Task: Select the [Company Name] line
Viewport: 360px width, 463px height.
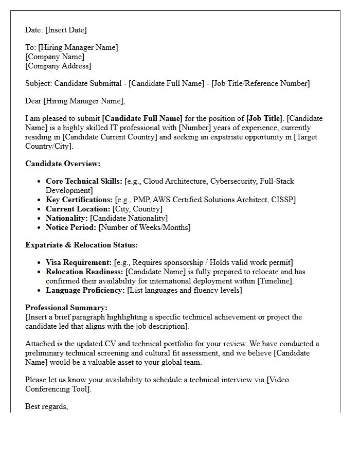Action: pyautogui.click(x=55, y=57)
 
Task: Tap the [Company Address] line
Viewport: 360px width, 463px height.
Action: pyautogui.click(x=58, y=66)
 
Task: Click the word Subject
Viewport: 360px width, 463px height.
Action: pyautogui.click(x=38, y=83)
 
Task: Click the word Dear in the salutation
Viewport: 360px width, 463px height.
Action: pyautogui.click(x=33, y=101)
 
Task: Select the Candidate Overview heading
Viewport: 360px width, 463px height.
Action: pyautogui.click(x=63, y=164)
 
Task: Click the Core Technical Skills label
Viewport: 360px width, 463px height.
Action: pyautogui.click(x=84, y=181)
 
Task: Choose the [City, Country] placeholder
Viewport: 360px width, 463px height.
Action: pyautogui.click(x=137, y=209)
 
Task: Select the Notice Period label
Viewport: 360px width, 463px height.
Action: pyautogui.click(x=71, y=227)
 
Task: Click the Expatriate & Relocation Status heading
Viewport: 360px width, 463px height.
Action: pyautogui.click(x=81, y=245)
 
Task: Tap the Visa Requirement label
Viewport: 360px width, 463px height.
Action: pyautogui.click(x=79, y=262)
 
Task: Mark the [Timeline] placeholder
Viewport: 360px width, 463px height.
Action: pyautogui.click(x=275, y=281)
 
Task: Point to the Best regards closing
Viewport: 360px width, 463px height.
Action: pyautogui.click(x=46, y=406)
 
